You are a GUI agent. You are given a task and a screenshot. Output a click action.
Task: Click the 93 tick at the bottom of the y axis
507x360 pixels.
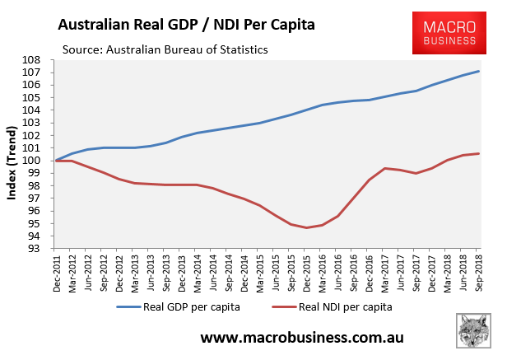(41, 247)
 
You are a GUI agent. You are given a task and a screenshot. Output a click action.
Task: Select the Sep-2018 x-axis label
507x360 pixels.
(479, 273)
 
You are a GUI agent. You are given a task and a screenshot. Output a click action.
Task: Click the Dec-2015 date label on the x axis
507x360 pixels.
(307, 273)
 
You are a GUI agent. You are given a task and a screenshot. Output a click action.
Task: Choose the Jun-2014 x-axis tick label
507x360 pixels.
(213, 273)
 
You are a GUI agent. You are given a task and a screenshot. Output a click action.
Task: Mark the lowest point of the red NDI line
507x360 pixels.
(306, 227)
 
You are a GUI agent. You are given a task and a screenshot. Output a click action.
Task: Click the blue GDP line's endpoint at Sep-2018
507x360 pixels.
(479, 71)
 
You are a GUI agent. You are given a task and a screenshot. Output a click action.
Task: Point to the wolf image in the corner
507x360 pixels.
(475, 334)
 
